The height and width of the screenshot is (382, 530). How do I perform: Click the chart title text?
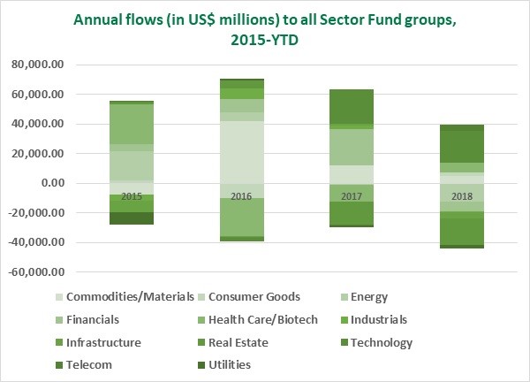coord(265,28)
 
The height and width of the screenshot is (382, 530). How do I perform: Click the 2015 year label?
coord(132,195)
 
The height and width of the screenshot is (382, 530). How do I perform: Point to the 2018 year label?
coord(460,195)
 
